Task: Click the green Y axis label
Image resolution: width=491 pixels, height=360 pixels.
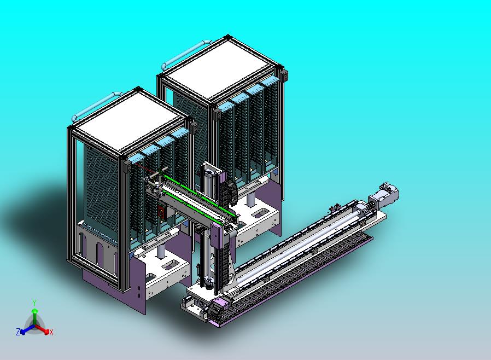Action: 35,303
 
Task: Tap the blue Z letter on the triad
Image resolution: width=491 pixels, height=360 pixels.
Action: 18,332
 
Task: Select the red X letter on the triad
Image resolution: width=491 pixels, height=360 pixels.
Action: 51,332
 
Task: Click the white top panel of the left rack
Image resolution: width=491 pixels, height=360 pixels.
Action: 129,120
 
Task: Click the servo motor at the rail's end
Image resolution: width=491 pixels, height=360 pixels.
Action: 384,194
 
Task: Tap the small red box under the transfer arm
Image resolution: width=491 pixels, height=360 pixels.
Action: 161,212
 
